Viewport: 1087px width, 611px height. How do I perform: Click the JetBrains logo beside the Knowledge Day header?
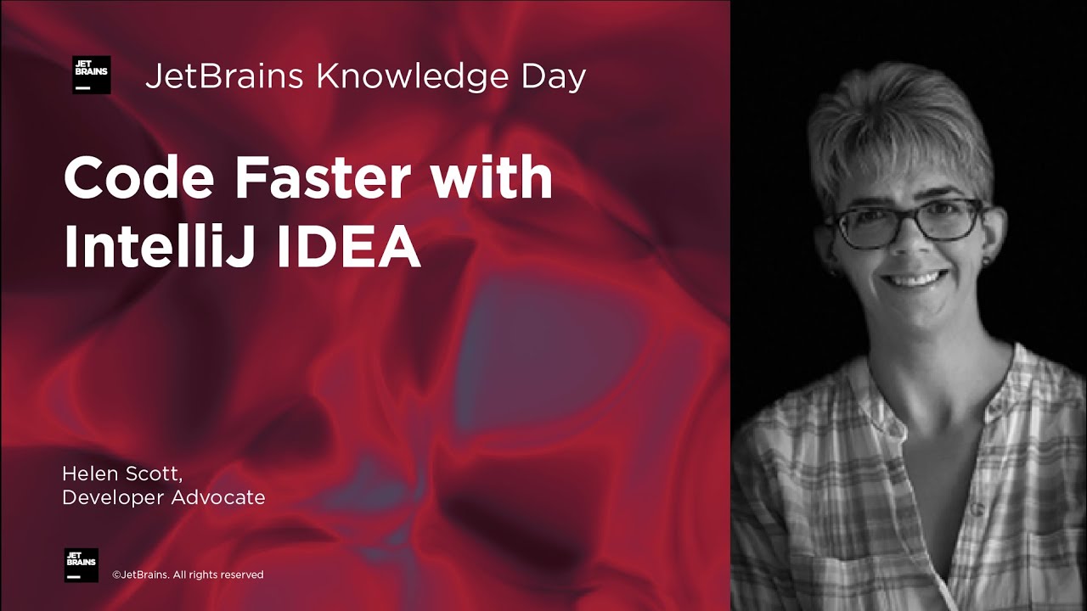click(x=91, y=75)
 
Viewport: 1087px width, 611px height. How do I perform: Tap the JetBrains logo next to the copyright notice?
click(x=82, y=565)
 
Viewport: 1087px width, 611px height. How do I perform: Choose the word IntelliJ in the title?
click(x=156, y=248)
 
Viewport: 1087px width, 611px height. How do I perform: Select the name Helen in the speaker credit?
click(x=87, y=473)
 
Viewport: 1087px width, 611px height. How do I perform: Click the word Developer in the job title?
click(x=113, y=498)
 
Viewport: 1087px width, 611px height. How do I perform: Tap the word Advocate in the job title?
click(x=218, y=497)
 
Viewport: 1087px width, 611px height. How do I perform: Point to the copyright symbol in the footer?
click(x=116, y=575)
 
